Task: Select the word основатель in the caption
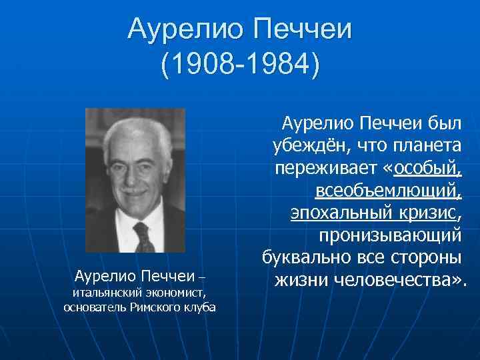(93, 307)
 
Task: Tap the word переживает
(324, 168)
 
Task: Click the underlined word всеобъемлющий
(387, 191)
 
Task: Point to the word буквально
(308, 258)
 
